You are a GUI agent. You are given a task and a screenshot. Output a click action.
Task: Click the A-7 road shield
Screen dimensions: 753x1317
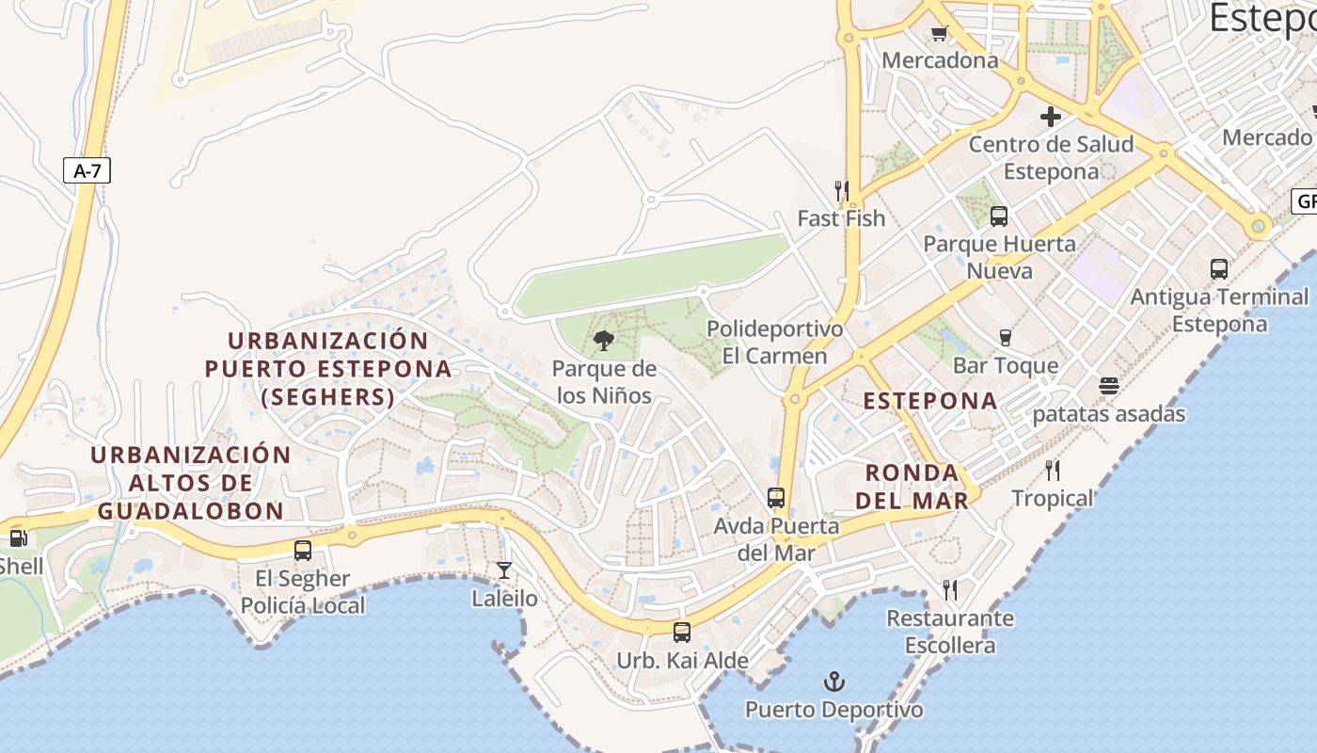point(87,171)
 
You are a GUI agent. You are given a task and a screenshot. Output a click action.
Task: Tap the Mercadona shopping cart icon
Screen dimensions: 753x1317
point(938,34)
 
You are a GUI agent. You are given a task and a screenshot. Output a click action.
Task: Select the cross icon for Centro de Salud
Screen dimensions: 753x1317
point(1051,118)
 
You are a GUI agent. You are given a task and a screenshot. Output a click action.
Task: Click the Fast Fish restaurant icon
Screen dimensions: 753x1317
point(842,191)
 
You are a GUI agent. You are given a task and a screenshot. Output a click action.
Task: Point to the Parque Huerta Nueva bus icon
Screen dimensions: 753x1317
point(999,216)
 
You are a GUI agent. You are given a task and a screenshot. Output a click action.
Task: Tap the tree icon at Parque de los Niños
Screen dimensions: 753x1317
point(604,341)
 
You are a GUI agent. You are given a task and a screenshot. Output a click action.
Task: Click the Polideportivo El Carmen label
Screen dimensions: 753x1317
point(774,343)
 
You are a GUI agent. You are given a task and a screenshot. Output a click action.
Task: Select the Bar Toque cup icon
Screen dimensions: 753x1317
point(1005,338)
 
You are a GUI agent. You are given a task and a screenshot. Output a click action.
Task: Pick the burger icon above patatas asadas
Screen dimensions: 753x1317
point(1109,386)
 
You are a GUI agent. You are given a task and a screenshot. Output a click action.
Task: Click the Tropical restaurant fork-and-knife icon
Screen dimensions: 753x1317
point(1053,471)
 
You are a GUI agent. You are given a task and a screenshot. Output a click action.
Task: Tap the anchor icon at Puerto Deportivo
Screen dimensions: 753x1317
point(833,681)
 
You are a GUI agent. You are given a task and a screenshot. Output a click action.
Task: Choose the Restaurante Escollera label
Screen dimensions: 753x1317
point(950,632)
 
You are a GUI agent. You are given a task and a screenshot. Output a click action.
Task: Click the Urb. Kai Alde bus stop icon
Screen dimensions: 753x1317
point(682,633)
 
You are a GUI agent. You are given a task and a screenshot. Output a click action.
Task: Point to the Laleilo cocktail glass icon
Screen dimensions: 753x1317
point(504,570)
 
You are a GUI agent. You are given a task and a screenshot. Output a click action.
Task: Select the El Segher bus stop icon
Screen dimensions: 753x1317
point(303,551)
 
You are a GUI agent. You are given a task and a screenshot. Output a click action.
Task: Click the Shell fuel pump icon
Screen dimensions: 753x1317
point(18,538)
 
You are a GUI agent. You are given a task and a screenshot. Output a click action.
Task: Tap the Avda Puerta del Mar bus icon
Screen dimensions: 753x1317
point(776,498)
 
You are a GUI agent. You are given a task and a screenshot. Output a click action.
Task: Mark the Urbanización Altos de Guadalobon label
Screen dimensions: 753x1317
point(191,483)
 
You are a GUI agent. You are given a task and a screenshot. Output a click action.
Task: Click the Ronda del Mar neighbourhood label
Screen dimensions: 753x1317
point(912,487)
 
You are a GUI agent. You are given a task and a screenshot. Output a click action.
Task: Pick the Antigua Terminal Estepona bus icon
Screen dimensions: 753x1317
point(1219,269)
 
